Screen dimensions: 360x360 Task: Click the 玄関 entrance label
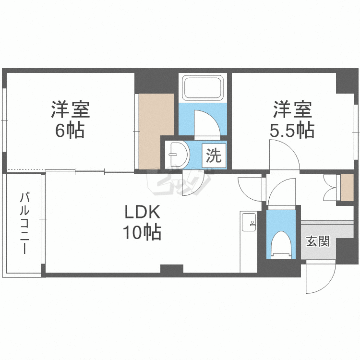coord(318,241)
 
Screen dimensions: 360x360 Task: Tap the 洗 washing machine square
coord(214,156)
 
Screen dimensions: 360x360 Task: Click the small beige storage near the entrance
coord(346,188)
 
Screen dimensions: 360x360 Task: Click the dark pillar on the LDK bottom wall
coord(171,270)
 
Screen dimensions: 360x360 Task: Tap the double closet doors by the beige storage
coord(331,188)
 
